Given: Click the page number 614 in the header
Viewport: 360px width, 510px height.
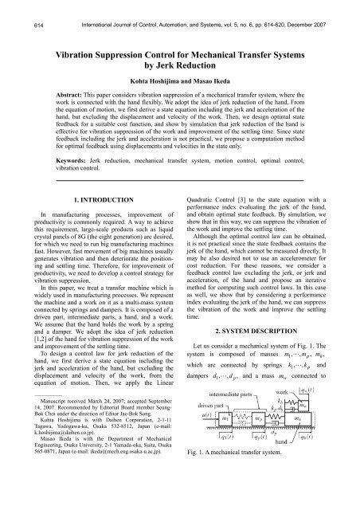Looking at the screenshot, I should (14, 6).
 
